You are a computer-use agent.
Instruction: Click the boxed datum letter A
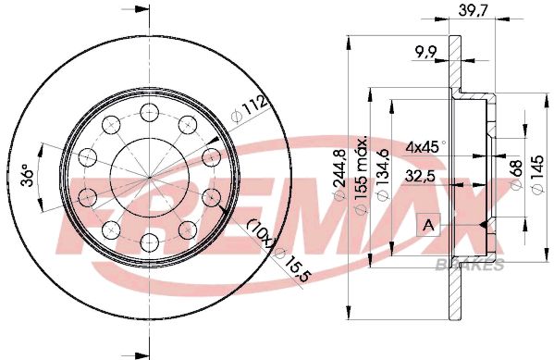click(x=427, y=224)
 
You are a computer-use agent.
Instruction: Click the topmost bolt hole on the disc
click(x=149, y=112)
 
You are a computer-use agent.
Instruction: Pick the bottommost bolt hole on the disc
click(x=149, y=243)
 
